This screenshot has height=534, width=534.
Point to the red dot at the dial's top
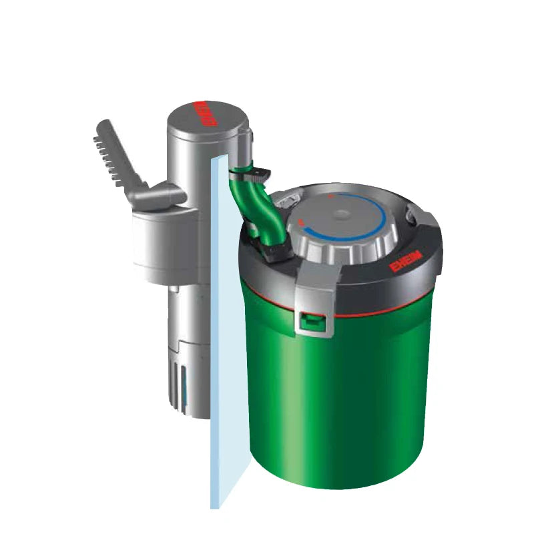328,197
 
